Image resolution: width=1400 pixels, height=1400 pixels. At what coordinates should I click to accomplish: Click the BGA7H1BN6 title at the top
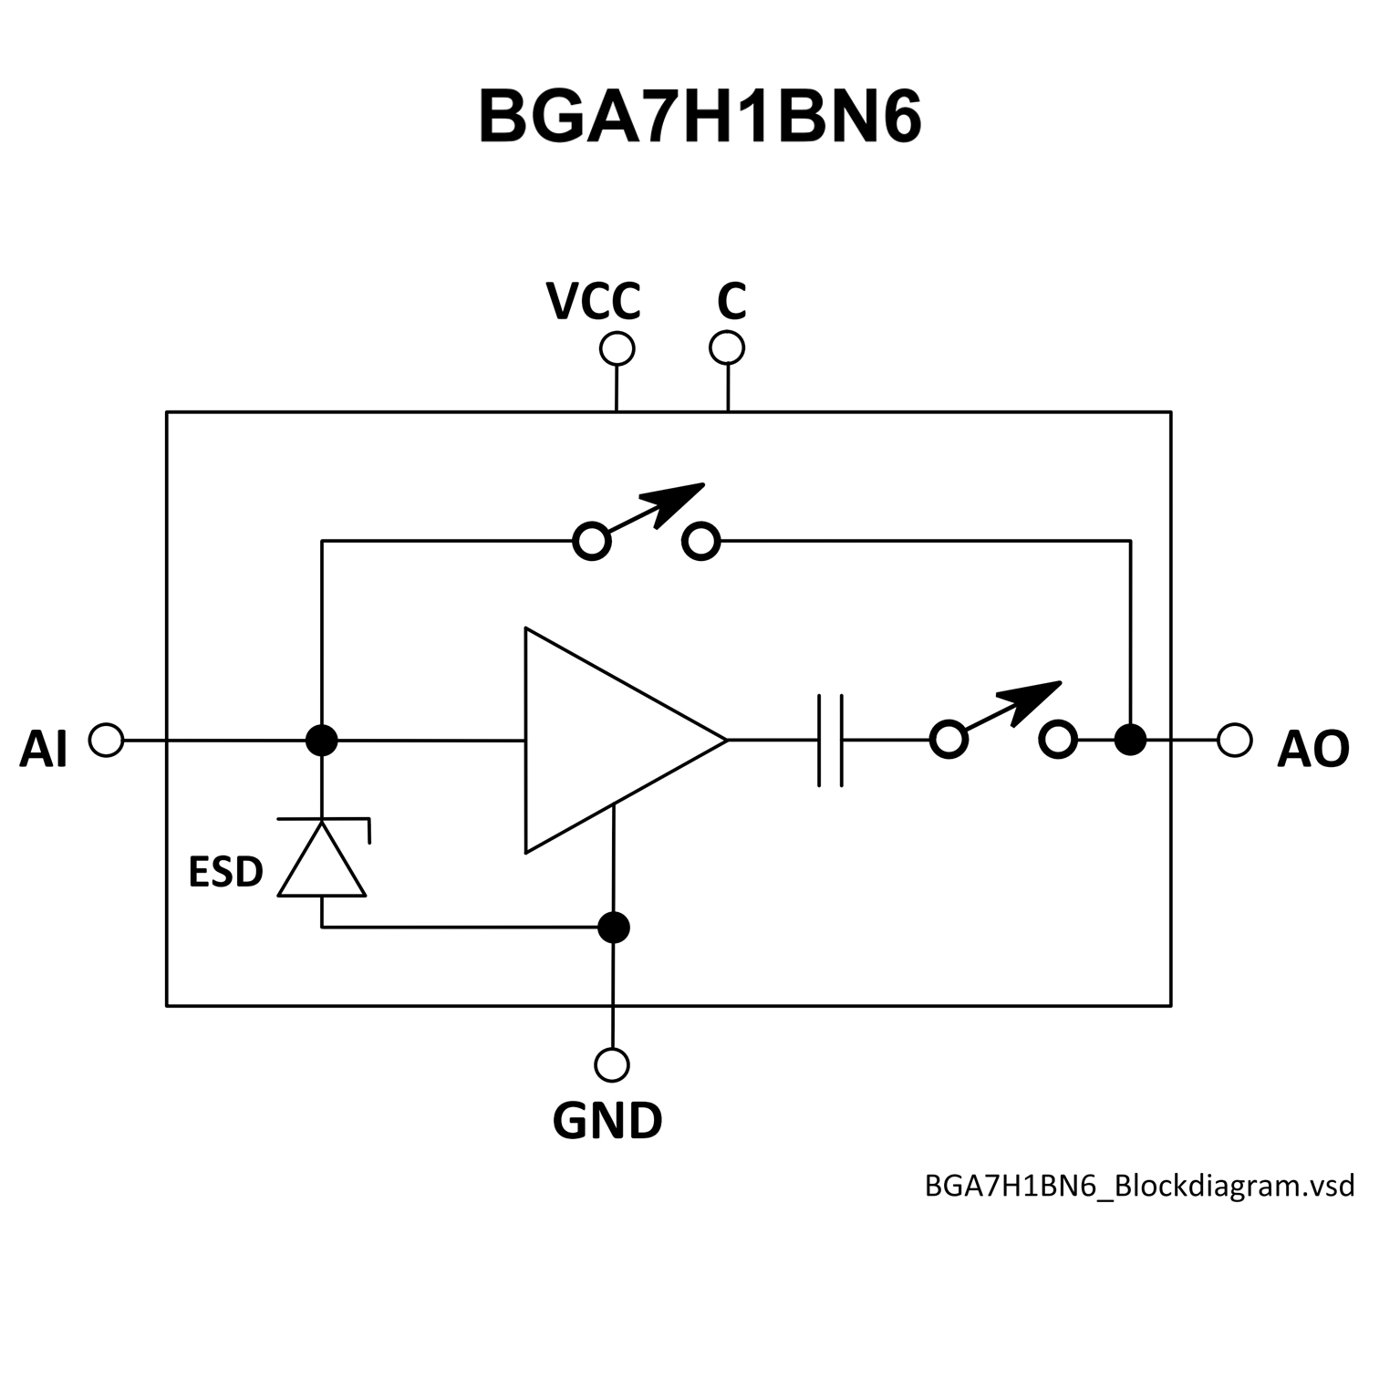point(700,118)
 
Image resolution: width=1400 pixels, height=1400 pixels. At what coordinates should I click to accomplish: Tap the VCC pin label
point(594,301)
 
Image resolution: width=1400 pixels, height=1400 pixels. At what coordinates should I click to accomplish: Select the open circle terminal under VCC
point(617,349)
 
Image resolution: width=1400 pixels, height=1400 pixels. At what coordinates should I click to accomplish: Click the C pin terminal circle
point(727,347)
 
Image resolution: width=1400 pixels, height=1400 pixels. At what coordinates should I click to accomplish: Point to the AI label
point(43,750)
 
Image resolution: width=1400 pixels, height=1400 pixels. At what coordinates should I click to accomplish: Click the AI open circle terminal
point(107,740)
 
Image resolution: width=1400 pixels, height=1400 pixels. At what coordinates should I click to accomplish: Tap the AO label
point(1312,750)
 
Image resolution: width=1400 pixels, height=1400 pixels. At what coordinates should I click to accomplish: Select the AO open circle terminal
point(1235,740)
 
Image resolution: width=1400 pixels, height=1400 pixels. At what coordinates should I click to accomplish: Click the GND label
point(607,1121)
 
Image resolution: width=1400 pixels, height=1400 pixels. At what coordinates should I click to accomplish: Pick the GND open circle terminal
point(612,1064)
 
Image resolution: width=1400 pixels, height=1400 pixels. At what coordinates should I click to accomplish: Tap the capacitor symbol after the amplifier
point(830,740)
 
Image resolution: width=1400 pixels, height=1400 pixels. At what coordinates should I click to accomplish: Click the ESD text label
point(225,872)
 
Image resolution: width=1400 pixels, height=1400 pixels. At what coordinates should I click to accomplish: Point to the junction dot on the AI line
point(321,740)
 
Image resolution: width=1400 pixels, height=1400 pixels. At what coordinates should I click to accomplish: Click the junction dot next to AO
point(1131,740)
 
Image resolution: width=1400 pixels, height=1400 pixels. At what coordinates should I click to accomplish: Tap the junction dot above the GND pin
point(613,928)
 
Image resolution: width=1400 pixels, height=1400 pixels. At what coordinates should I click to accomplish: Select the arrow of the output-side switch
point(1030,700)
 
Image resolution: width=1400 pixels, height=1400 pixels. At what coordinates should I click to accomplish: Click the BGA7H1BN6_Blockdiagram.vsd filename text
point(1140,1186)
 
